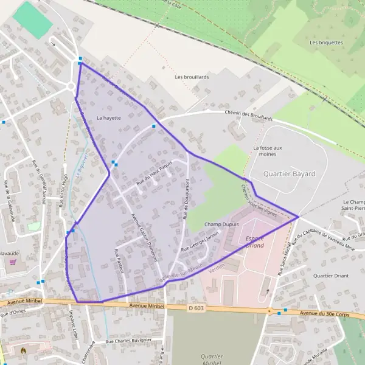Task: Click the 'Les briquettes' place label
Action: (322, 43)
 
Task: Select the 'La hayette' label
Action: (109, 117)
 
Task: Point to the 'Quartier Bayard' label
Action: (289, 173)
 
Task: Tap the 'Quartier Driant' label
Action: (330, 276)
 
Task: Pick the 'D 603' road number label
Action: (195, 308)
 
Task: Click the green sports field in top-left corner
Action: (33, 19)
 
